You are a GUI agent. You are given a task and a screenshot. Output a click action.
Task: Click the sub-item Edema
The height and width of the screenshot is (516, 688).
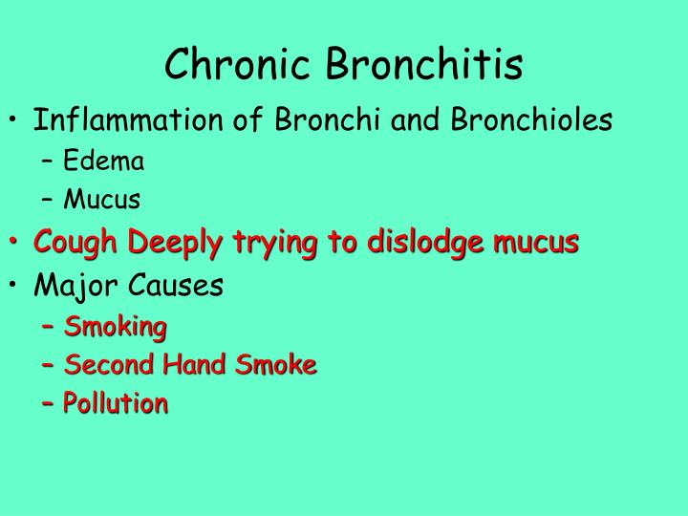[x=104, y=161]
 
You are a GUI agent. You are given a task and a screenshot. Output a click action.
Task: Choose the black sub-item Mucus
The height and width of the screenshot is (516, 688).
[x=102, y=200]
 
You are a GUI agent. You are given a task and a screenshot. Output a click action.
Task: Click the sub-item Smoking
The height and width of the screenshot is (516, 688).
[x=115, y=328]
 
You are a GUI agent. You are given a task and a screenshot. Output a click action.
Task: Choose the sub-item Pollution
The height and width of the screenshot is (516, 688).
[x=116, y=403]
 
